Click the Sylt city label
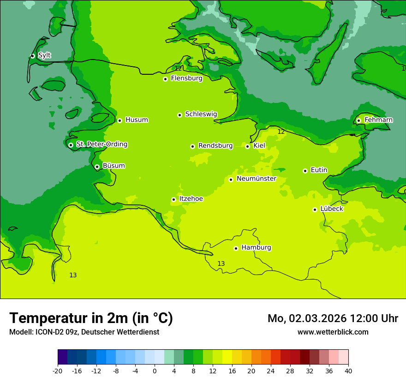[x=44, y=55]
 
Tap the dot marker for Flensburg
[x=165, y=79]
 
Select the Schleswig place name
[x=201, y=114]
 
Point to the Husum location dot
[x=119, y=120]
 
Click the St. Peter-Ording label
[x=101, y=144]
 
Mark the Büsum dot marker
[x=97, y=167]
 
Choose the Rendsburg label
[x=215, y=146]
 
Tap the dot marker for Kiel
[x=247, y=146]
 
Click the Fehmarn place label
[x=378, y=120]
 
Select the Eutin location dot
[x=305, y=171]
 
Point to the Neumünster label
[x=256, y=179]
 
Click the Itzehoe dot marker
[x=173, y=199]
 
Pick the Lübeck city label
[x=331, y=209]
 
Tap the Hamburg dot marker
[x=236, y=248]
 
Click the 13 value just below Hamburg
[x=221, y=263]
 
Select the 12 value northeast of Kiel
[x=281, y=132]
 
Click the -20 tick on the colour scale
[x=58, y=371]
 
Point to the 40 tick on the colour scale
[x=348, y=371]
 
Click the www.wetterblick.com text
[x=333, y=332]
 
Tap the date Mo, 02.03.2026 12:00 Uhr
[x=333, y=318]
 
